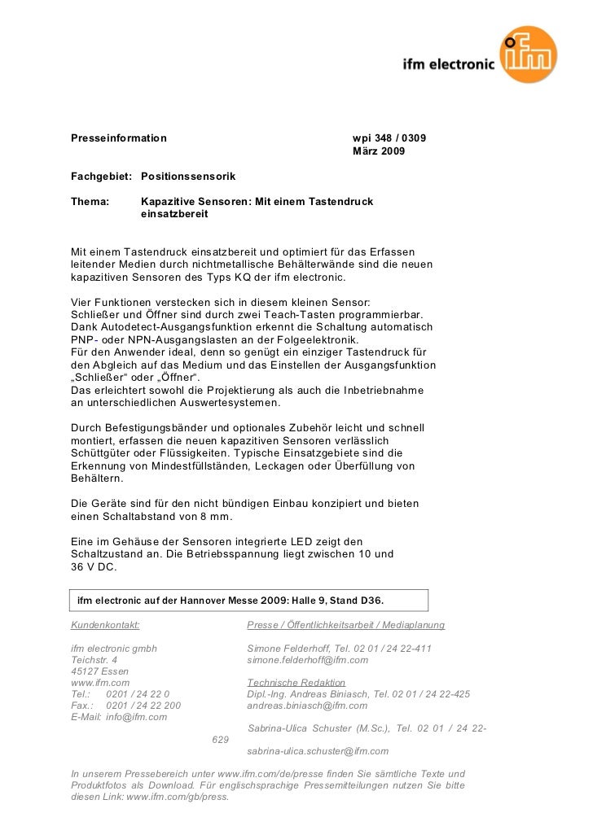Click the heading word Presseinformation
click(119, 138)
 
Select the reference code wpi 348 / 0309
click(389, 138)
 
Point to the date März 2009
click(377, 151)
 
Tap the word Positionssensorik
click(188, 176)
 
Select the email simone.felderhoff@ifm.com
click(307, 660)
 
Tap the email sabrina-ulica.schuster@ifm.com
click(317, 751)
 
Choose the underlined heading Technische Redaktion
click(296, 683)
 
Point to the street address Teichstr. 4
click(94, 660)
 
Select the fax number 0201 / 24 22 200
click(143, 706)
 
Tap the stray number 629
click(220, 740)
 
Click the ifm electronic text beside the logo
click(449, 66)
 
